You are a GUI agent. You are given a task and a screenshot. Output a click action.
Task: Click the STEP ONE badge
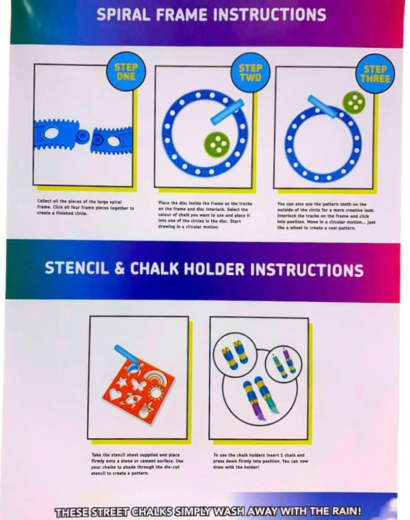click(x=125, y=72)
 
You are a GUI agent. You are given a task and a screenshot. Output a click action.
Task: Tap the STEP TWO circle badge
click(x=250, y=73)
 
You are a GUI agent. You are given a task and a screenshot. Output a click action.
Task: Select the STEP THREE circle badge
click(x=375, y=74)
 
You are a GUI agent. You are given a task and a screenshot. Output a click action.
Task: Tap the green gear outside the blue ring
click(x=354, y=102)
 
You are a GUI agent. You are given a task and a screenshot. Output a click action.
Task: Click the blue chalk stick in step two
click(x=227, y=110)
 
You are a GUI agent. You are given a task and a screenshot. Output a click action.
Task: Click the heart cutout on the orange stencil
click(x=116, y=395)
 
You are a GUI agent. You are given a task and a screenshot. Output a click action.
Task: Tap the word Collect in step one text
click(x=43, y=201)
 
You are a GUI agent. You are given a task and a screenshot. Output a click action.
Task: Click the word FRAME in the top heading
click(x=181, y=15)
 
